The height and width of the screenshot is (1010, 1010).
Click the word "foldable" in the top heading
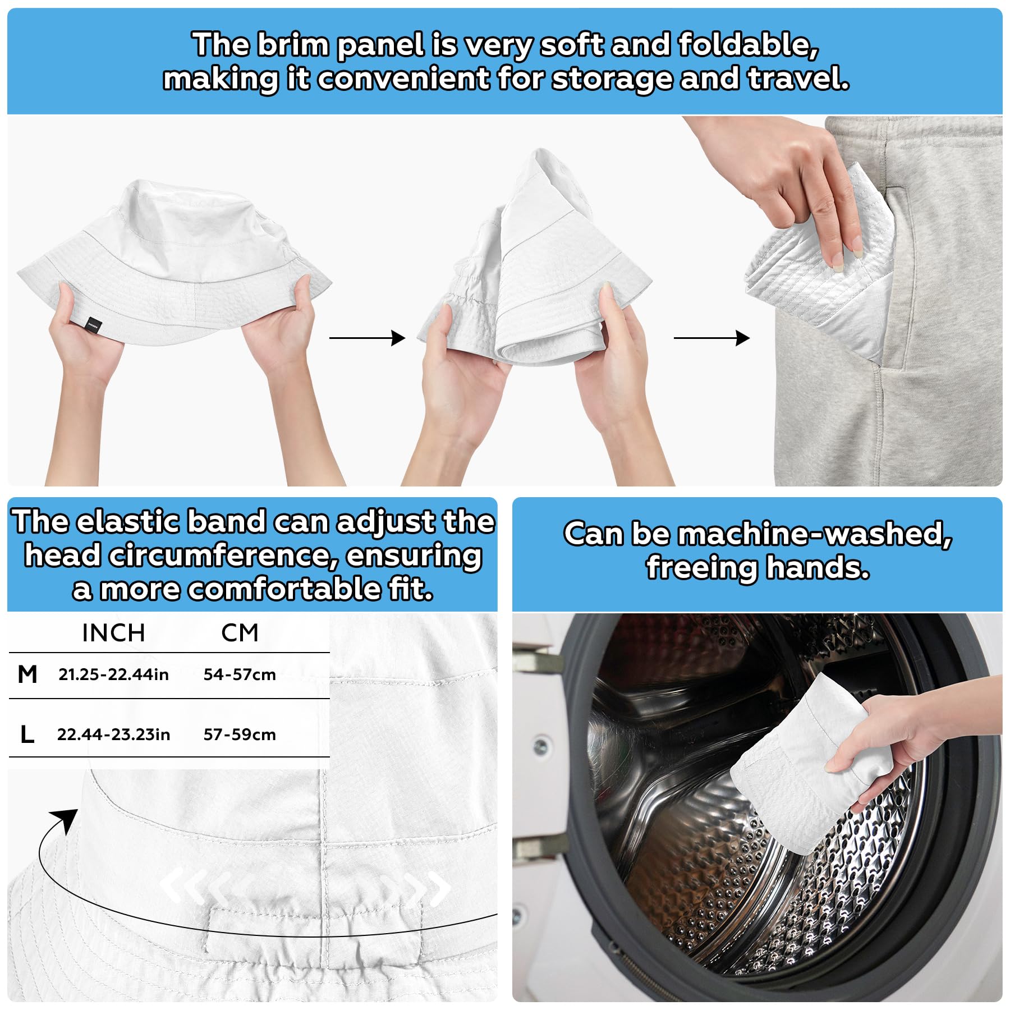748,45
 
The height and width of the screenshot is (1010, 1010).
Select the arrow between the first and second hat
367,338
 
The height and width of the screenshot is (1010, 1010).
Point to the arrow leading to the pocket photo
711,338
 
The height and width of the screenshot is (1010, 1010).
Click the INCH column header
113,633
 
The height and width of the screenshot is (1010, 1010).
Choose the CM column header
240,633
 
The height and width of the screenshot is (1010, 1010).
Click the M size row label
27,674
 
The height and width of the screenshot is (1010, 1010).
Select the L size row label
27,734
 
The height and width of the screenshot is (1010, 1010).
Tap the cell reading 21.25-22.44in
113,674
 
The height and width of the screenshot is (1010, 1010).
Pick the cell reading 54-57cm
240,674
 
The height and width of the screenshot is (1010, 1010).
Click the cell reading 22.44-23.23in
113,734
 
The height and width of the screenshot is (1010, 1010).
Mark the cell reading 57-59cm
240,734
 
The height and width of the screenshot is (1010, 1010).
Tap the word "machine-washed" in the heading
815,533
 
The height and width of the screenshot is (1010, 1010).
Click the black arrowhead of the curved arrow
66,820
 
